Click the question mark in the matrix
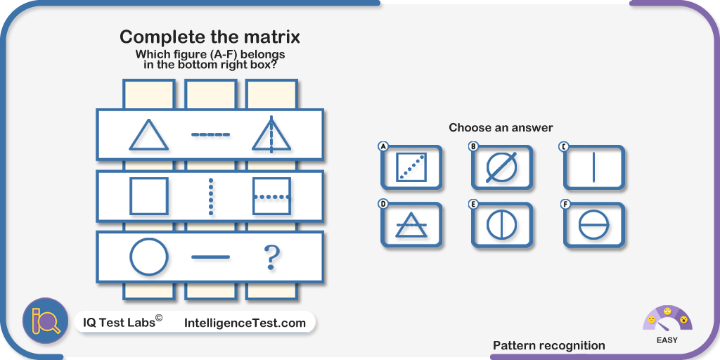pyautogui.click(x=271, y=257)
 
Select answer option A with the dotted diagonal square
pyautogui.click(x=411, y=167)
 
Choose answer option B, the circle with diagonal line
pyautogui.click(x=502, y=167)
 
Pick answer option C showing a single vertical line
pyautogui.click(x=593, y=167)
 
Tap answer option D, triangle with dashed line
pyautogui.click(x=411, y=225)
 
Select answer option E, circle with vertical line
pyautogui.click(x=502, y=225)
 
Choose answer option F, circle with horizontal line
pyautogui.click(x=593, y=225)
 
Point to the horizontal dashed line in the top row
pyautogui.click(x=210, y=134)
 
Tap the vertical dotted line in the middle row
pyautogui.click(x=211, y=196)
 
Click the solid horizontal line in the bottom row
pyautogui.click(x=210, y=257)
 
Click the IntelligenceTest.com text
pyautogui.click(x=245, y=323)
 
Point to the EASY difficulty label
pyautogui.click(x=667, y=341)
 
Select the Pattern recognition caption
pyautogui.click(x=548, y=346)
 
